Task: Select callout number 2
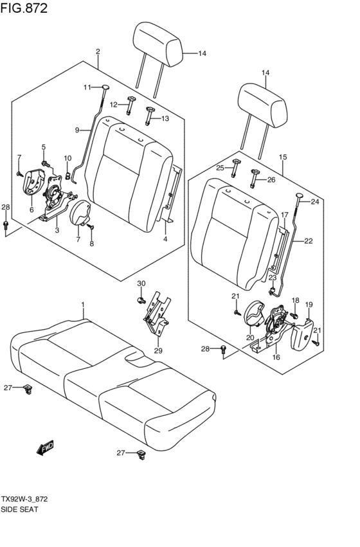pos(98,51)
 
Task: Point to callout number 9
pos(77,130)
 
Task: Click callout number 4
pos(165,239)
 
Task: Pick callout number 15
pos(283,157)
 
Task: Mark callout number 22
pos(308,241)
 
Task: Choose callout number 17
pos(284,214)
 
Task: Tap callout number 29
pos(158,350)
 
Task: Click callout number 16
pos(277,357)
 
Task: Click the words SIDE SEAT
pos(21,508)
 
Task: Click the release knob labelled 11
pos(105,88)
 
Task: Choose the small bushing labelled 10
pos(67,173)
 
